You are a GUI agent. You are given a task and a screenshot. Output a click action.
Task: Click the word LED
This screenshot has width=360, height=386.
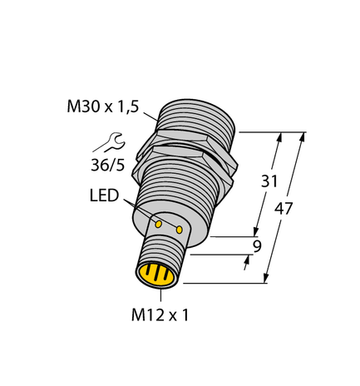click(104, 197)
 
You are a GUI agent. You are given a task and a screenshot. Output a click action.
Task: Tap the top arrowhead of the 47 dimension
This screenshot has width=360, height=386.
click(303, 136)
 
